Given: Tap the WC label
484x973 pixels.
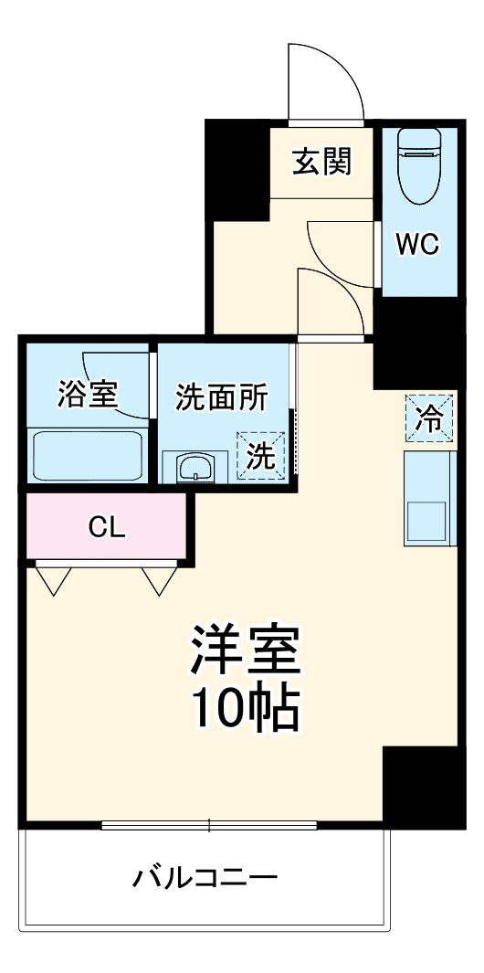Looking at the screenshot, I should tap(417, 244).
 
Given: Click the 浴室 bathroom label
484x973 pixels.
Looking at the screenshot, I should tap(87, 395).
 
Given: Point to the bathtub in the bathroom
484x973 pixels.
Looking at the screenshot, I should tap(88, 454).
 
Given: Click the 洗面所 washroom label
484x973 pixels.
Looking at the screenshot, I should tap(222, 397).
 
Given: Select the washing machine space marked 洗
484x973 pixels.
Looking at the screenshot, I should tap(261, 454).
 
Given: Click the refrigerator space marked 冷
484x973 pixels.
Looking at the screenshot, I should tap(428, 418).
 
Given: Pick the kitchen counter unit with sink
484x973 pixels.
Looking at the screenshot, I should tap(427, 499).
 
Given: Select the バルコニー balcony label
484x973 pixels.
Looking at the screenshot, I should tap(205, 879).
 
